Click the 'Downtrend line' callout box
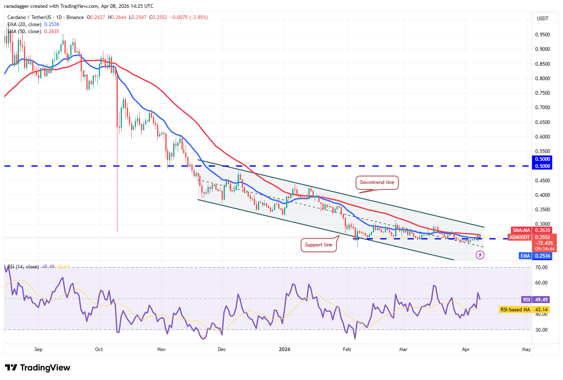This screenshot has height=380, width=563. pos(377,182)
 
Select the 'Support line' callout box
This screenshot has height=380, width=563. pos(318,245)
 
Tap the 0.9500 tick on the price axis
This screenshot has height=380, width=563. pos(542,35)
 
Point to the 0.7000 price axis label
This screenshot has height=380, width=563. pos(542,108)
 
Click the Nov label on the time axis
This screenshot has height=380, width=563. pos(162,349)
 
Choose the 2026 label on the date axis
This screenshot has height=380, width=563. pos(284,349)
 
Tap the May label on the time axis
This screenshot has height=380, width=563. pos(526,349)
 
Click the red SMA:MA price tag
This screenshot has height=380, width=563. pos(521,230)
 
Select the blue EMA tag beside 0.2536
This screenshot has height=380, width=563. pos(525,256)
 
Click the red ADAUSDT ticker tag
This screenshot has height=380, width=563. pos(520,237)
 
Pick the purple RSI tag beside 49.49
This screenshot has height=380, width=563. pos(526,300)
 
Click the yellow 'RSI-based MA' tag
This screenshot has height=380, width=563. pos(515,310)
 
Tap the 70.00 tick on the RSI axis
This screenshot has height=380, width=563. pos(542,268)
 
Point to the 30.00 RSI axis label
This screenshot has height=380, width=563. pos(542,330)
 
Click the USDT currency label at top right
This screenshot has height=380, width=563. pos(542,19)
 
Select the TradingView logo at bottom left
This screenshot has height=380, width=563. pos(38,368)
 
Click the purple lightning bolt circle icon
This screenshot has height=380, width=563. pos(480,255)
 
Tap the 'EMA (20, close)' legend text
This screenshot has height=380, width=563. pos(24,24)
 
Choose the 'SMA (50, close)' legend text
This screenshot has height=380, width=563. pos(24,31)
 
